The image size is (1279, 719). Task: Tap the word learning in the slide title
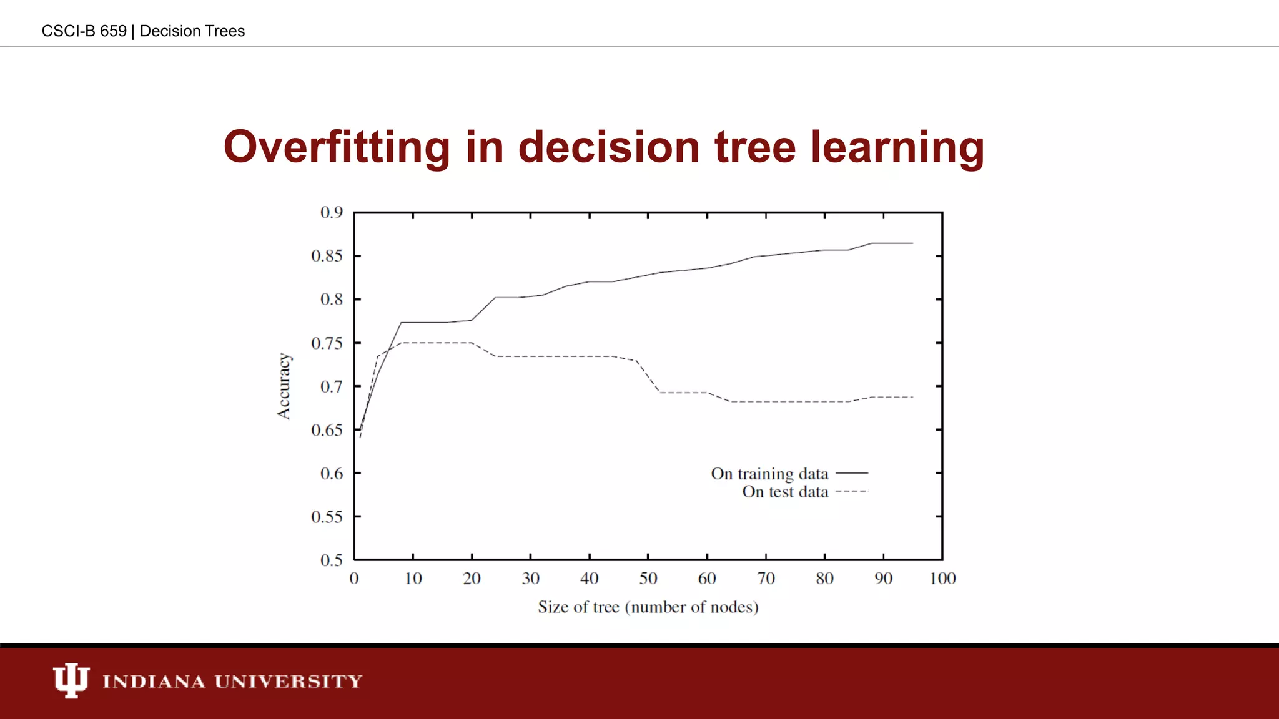[897, 148]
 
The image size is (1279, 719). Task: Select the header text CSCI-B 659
[84, 31]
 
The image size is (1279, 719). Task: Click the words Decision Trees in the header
[192, 31]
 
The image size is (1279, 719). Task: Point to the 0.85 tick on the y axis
[327, 256]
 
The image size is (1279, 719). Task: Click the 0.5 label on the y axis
[332, 560]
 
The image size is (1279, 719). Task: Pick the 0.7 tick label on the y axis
[332, 386]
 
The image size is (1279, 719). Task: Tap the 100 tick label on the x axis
[942, 579]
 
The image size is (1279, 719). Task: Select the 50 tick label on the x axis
[648, 579]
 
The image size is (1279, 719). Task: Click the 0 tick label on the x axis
[354, 579]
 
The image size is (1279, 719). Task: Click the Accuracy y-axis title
[284, 386]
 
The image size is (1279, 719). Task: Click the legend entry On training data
[769, 474]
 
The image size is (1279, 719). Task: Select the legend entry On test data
[785, 492]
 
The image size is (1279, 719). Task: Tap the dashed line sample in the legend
[852, 492]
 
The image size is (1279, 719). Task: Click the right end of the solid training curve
[912, 243]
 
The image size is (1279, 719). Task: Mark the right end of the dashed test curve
[912, 397]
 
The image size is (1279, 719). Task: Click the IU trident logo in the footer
[71, 680]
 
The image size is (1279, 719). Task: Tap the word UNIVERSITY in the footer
[289, 681]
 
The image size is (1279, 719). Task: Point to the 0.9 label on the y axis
[332, 213]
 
